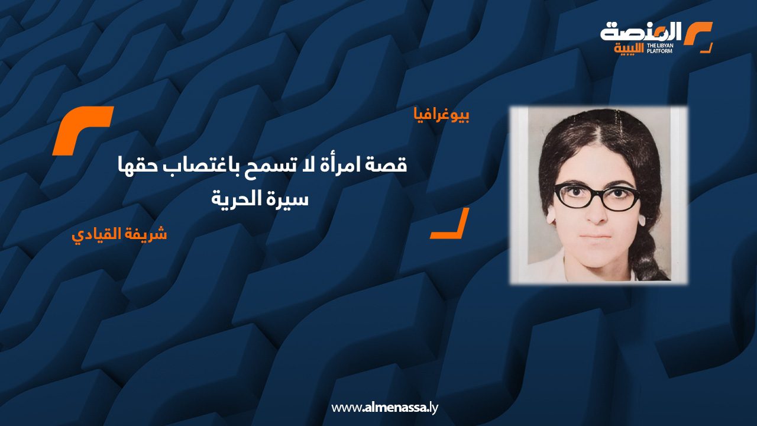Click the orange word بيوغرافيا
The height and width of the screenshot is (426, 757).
(x=441, y=115)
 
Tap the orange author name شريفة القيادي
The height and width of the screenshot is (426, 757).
(x=119, y=234)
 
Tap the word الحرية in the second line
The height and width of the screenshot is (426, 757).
(x=237, y=199)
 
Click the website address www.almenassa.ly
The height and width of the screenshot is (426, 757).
(x=384, y=408)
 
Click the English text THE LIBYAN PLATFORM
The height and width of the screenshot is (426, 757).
(x=659, y=49)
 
